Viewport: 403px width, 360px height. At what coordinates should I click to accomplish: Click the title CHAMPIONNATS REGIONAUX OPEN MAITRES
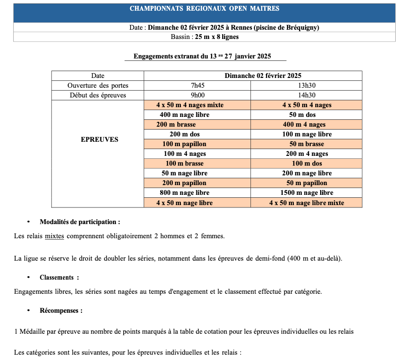(204, 9)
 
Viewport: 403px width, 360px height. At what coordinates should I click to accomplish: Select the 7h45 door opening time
(197, 86)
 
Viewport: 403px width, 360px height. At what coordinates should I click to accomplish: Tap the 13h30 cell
(307, 86)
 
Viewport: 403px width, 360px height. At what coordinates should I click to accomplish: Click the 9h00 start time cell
(197, 95)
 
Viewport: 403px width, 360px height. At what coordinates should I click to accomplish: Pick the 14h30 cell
(307, 95)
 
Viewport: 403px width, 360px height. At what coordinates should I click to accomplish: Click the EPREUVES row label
(99, 139)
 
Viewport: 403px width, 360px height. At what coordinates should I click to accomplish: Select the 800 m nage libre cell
(185, 193)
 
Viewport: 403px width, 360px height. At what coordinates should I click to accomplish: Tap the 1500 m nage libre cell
(307, 193)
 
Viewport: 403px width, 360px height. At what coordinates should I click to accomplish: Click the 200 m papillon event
(185, 183)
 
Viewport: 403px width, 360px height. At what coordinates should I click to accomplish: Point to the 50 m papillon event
(307, 183)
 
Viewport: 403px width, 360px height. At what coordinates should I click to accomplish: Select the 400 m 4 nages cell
(307, 125)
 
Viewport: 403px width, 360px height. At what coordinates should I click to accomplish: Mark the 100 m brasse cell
(185, 164)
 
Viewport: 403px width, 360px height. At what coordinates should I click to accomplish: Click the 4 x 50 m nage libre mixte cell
(307, 203)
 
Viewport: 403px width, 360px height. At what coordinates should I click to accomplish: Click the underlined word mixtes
(55, 236)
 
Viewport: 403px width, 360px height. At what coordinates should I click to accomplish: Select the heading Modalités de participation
(80, 222)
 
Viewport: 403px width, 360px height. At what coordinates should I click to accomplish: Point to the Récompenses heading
(61, 310)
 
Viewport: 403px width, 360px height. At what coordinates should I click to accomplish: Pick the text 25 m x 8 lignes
(217, 37)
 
